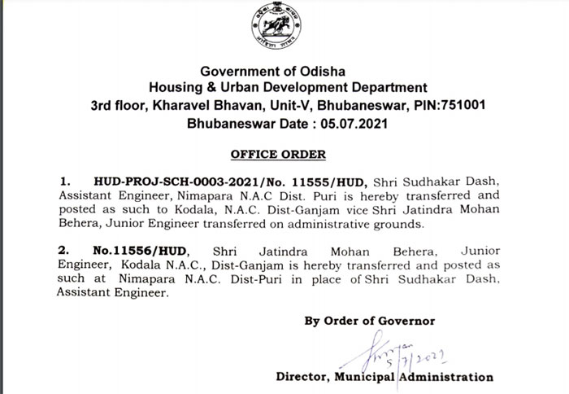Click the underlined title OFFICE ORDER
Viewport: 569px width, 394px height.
(x=278, y=153)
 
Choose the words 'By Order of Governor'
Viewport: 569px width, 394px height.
(x=370, y=321)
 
